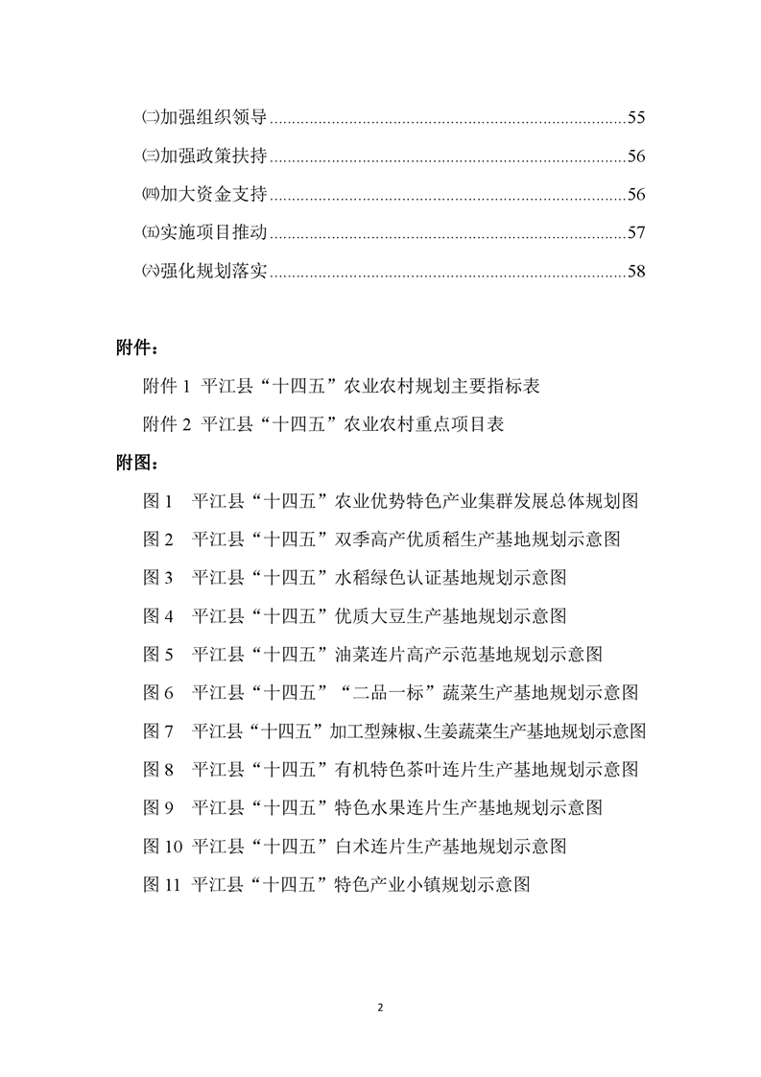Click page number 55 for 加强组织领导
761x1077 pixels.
pos(636,118)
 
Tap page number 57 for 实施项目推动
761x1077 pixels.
pos(636,233)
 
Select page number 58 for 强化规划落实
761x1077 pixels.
pos(636,272)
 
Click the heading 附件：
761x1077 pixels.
pos(137,347)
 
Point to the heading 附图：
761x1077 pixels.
pos(137,463)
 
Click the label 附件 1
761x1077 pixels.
pos(168,386)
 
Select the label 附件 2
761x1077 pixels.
pos(168,424)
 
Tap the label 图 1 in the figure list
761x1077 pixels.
pos(157,501)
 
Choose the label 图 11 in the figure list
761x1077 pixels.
pos(162,884)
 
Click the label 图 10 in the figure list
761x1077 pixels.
pos(162,846)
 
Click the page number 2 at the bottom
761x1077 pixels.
pos(381,1008)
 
